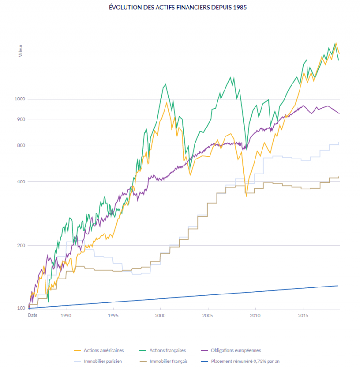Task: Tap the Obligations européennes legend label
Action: (x=236, y=350)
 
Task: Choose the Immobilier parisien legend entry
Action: (x=100, y=361)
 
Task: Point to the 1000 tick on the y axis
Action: (x=20, y=99)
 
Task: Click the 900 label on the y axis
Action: (x=21, y=119)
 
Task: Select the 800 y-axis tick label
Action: (x=21, y=146)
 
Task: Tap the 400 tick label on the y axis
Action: (x=21, y=182)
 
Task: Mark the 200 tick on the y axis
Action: (x=21, y=246)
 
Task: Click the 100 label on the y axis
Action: (x=21, y=308)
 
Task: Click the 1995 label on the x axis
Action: (x=113, y=316)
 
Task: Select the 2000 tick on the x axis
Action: (x=161, y=316)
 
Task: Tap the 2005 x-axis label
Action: (x=208, y=316)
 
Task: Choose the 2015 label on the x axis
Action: (x=303, y=316)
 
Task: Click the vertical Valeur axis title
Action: (x=21, y=51)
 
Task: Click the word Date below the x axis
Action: (x=32, y=316)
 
